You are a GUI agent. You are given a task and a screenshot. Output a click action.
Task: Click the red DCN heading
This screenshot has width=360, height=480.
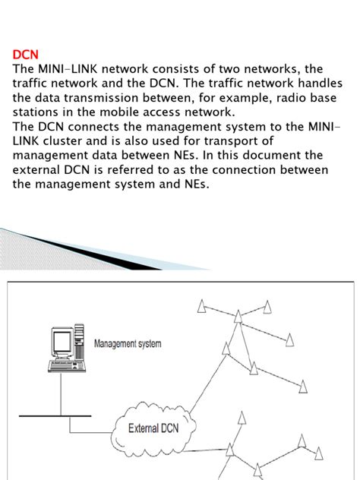pyautogui.click(x=25, y=55)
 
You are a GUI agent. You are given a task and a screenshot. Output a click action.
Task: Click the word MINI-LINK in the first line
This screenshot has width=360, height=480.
pyautogui.click(x=68, y=69)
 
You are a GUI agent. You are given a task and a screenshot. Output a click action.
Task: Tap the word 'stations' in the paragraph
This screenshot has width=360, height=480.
pyautogui.click(x=35, y=112)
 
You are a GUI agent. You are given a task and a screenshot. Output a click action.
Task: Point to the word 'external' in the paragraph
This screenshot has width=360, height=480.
pyautogui.click(x=36, y=169)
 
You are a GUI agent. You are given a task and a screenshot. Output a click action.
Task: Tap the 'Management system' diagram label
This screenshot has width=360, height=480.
pyautogui.click(x=128, y=343)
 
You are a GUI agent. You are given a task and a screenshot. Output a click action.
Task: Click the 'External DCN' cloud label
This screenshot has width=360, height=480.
pyautogui.click(x=153, y=428)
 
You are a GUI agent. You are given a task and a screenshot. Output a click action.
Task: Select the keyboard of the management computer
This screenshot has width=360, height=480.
pyautogui.click(x=66, y=366)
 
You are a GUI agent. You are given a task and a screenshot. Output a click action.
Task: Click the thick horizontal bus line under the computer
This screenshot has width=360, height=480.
pyautogui.click(x=55, y=415)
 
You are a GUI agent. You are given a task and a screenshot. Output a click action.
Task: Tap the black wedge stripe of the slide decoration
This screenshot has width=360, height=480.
pyautogui.click(x=92, y=251)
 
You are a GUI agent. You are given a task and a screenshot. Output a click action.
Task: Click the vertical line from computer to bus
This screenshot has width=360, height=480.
pyautogui.click(x=61, y=393)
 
